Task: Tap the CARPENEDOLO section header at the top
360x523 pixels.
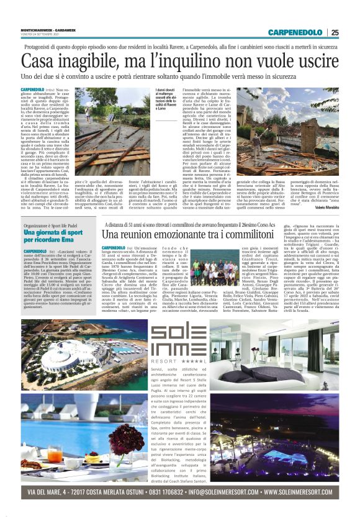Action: point(297,32)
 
